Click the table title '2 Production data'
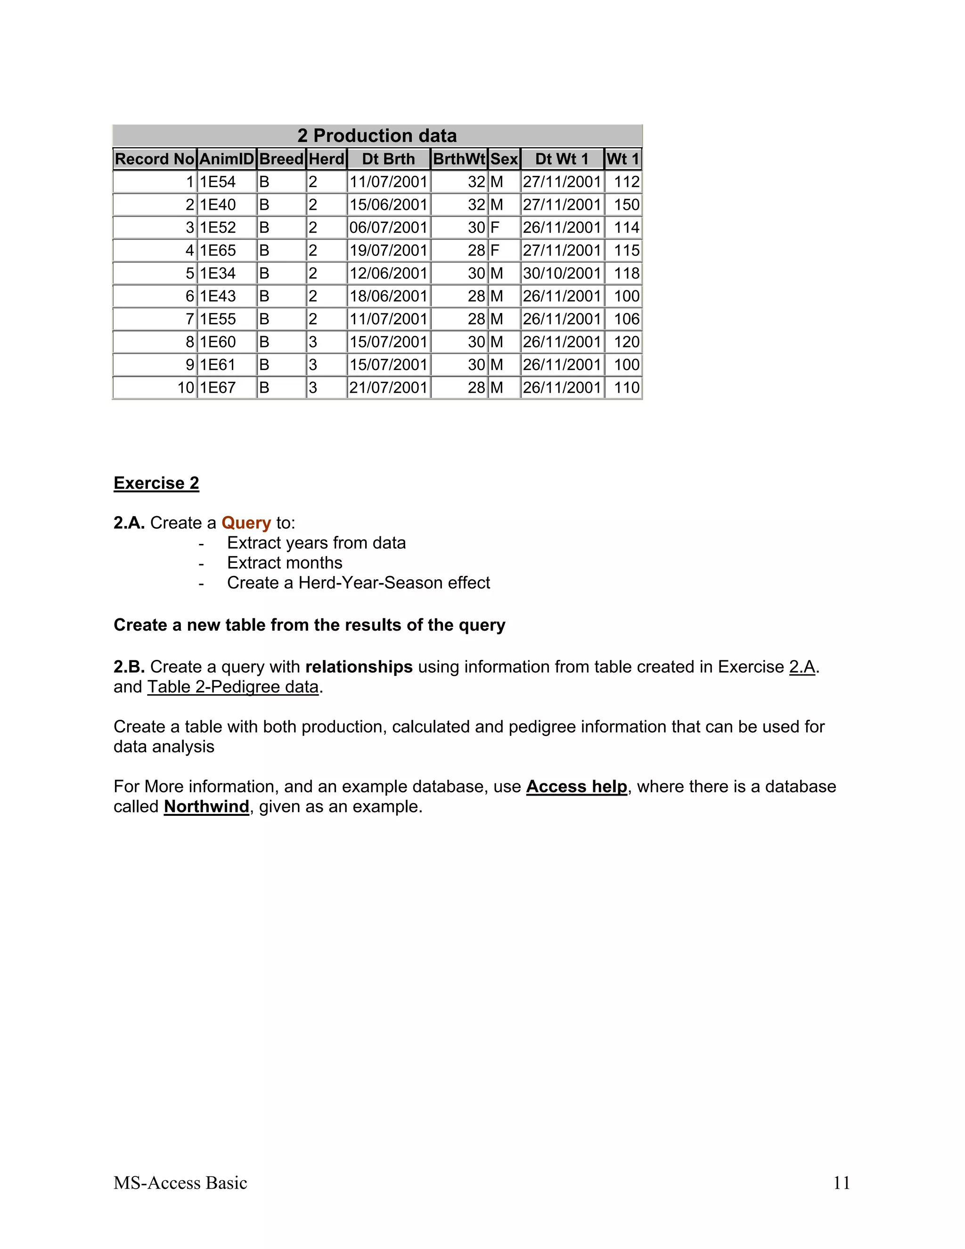click(x=377, y=136)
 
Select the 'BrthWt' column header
click(x=459, y=159)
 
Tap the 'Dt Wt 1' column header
click(x=561, y=159)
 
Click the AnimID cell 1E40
click(x=218, y=205)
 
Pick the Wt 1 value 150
click(x=627, y=205)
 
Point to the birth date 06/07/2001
click(x=388, y=228)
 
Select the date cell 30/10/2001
click(x=561, y=273)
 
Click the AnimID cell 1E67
click(x=218, y=388)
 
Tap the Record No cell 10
click(x=186, y=388)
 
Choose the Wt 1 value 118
click(x=627, y=273)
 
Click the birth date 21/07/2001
click(x=388, y=388)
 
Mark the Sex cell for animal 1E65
click(x=495, y=250)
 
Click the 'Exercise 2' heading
click(x=156, y=483)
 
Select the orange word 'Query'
click(x=246, y=523)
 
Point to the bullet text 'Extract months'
click(x=285, y=563)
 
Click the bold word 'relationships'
click(x=359, y=667)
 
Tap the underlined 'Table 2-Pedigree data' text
click(x=233, y=687)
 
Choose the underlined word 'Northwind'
click(x=206, y=806)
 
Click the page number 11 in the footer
click(x=842, y=1183)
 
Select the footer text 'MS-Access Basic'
click(x=180, y=1183)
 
